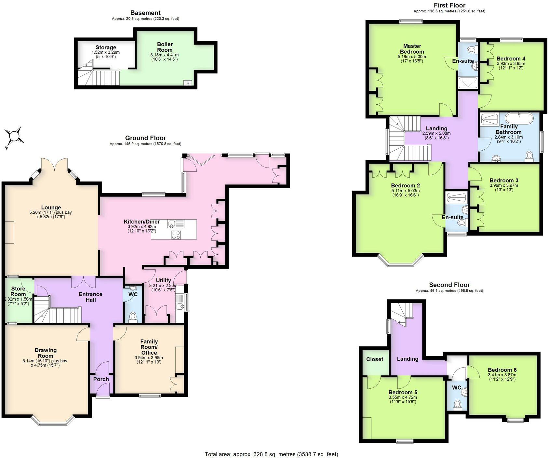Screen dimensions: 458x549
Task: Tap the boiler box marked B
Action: (x=187, y=83)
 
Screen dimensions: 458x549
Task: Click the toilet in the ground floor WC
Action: (x=133, y=316)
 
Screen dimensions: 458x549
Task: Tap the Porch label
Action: (x=101, y=379)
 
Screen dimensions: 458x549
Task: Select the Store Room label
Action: (x=18, y=291)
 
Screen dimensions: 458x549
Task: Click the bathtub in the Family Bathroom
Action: (x=519, y=118)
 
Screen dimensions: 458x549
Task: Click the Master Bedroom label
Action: (x=412, y=49)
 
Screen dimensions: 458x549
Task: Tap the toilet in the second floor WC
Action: (x=457, y=405)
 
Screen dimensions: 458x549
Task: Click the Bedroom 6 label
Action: (x=502, y=370)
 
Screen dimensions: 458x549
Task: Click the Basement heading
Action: (x=145, y=13)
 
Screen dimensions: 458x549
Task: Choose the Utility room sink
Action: (x=180, y=306)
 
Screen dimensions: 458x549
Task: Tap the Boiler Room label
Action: (x=165, y=47)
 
